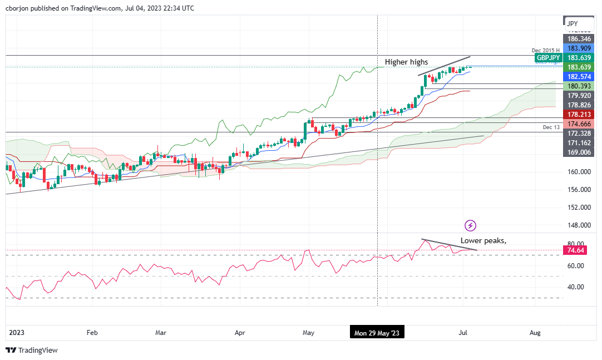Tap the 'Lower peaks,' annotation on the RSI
coord(483,241)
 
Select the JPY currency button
coord(572,23)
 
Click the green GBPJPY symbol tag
coord(548,57)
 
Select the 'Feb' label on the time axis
coord(92,333)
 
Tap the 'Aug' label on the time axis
coord(535,333)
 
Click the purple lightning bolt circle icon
coord(471,225)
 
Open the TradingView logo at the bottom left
coord(32,351)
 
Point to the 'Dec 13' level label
coord(551,127)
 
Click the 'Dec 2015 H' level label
coord(545,51)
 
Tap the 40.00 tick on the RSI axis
coord(575,287)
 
